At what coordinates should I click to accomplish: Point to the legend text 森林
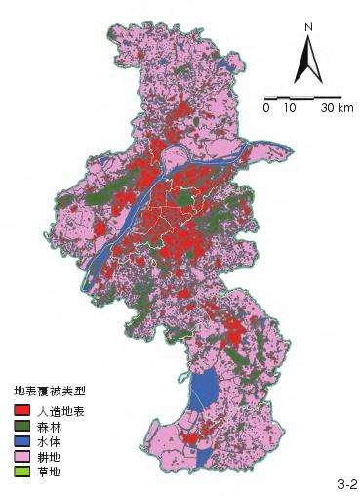pyautogui.click(x=46, y=427)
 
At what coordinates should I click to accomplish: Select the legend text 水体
pyautogui.click(x=46, y=441)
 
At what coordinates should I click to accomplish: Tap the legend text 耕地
pyautogui.click(x=46, y=456)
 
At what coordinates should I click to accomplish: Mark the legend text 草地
pyautogui.click(x=46, y=471)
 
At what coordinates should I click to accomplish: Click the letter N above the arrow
pyautogui.click(x=308, y=27)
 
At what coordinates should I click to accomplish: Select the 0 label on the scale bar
pyautogui.click(x=265, y=108)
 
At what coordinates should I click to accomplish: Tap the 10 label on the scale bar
pyautogui.click(x=290, y=108)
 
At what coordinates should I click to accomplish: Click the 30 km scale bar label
pyautogui.click(x=337, y=108)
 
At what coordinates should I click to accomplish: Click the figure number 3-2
pyautogui.click(x=346, y=483)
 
